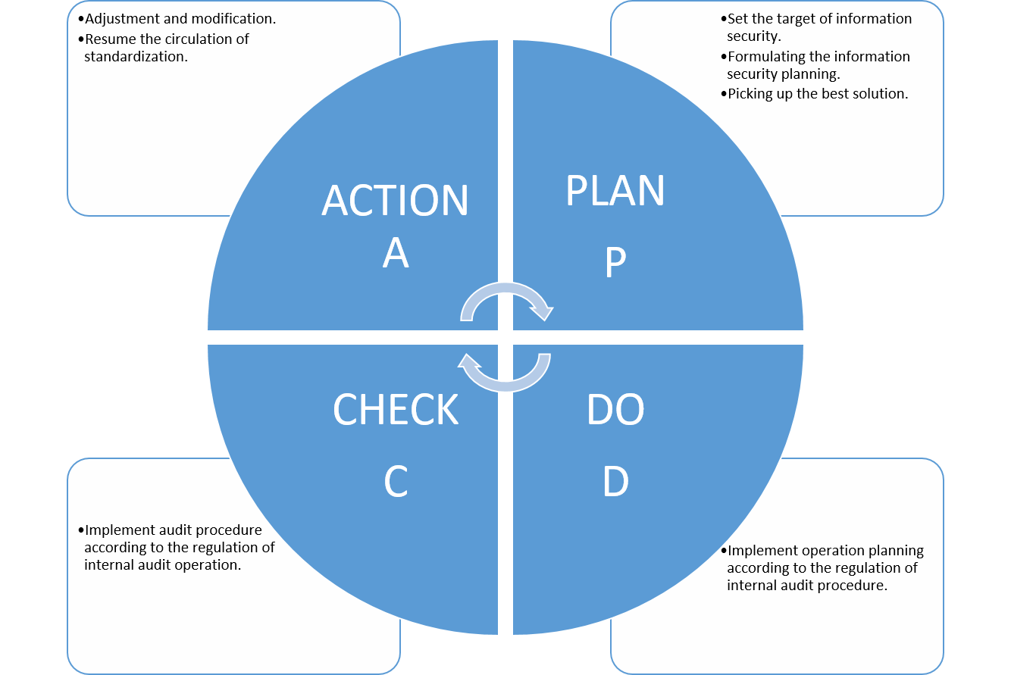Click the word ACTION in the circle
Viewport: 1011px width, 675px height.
tap(395, 200)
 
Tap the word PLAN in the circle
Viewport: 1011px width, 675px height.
tap(615, 190)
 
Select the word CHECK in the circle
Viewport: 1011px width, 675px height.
tap(396, 409)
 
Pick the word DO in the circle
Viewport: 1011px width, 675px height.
tap(615, 409)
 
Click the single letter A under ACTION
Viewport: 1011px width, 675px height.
tap(396, 253)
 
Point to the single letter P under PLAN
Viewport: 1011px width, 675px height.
tap(615, 262)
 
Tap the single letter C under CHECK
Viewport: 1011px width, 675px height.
tap(396, 481)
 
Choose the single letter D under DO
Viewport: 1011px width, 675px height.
tap(615, 481)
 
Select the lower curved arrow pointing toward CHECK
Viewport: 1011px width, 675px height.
tap(505, 386)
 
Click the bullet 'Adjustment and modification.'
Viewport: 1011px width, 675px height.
tap(177, 19)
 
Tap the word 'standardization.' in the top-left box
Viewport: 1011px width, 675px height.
tap(136, 56)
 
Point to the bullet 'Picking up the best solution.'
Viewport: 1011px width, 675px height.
tap(814, 94)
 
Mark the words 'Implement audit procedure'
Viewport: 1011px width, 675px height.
tap(174, 530)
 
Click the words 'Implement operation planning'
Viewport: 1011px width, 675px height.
tap(825, 551)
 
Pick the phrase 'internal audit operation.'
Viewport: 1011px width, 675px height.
tap(162, 565)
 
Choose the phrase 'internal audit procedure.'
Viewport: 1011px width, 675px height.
tap(807, 586)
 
